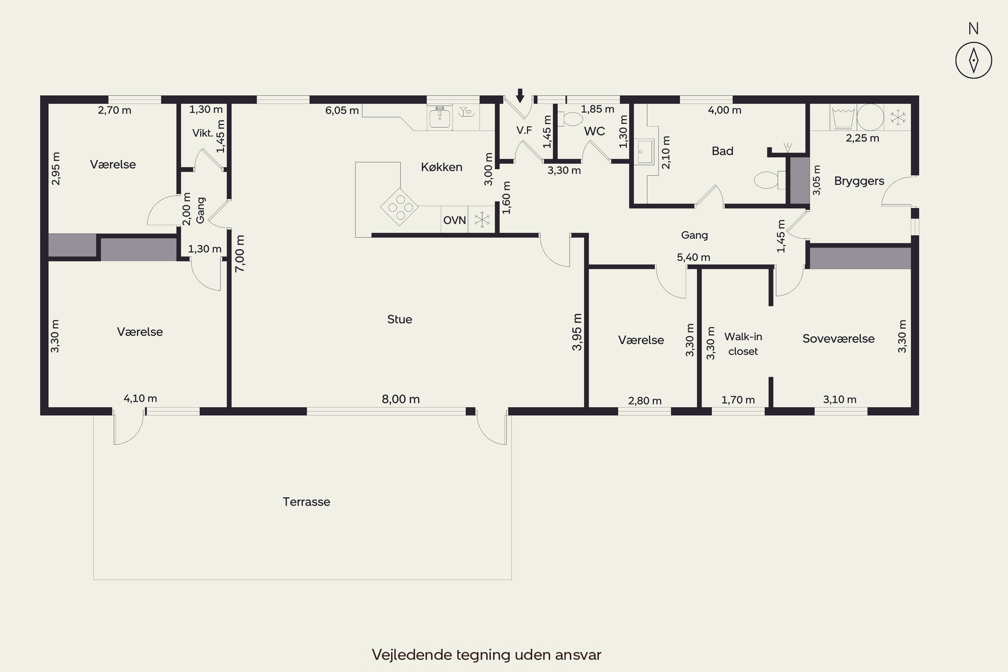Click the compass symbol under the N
pos(973,60)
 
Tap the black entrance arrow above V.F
pos(520,95)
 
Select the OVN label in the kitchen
pos(454,220)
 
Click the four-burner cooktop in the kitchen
pos(400,207)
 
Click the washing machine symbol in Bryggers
pos(843,117)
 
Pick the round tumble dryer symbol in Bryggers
pos(871,117)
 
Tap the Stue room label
pos(400,319)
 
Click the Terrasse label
pos(306,502)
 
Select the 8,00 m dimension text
pos(401,399)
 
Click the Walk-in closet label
pos(743,344)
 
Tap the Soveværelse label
pos(838,339)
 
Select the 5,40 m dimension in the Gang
pos(694,257)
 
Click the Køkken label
pos(442,167)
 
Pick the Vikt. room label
pos(203,133)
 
